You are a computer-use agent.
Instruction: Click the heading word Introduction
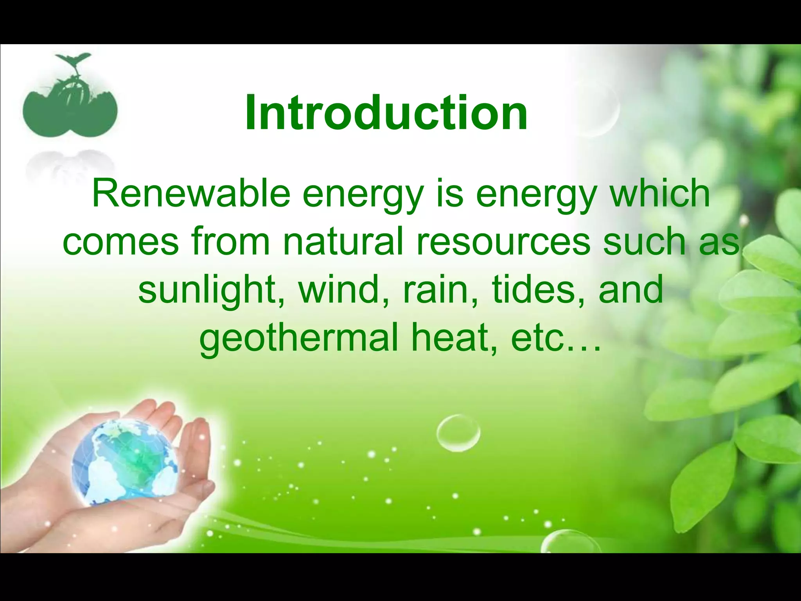click(x=386, y=113)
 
